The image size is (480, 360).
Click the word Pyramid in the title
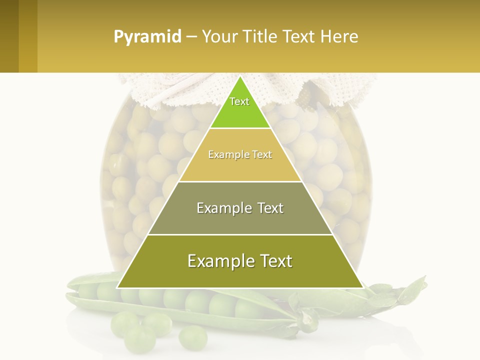(x=147, y=37)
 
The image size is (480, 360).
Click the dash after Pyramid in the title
(x=191, y=37)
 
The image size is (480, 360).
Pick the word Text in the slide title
(x=299, y=37)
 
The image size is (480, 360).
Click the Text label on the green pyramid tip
(x=239, y=101)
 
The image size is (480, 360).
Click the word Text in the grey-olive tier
(x=269, y=208)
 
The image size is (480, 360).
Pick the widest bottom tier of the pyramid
(x=240, y=275)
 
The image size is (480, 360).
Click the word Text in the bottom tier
(x=274, y=261)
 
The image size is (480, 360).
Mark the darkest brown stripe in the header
(x=9, y=36)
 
